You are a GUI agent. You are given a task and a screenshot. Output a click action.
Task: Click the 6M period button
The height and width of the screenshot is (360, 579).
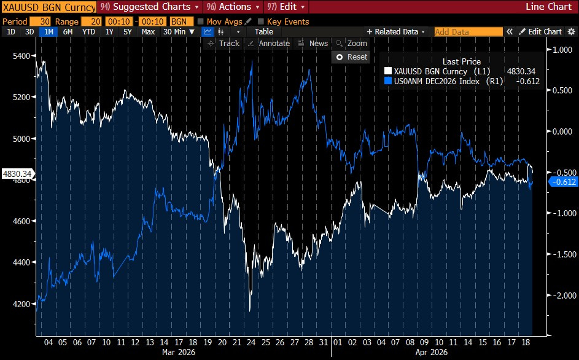68,31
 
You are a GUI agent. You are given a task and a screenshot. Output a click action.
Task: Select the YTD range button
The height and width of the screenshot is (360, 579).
88,31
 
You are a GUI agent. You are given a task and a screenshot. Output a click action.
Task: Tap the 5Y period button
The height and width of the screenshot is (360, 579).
127,31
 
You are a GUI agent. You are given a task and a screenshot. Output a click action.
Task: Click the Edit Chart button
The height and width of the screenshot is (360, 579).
540,31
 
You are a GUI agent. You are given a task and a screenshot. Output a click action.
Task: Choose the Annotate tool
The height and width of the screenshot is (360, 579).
269,43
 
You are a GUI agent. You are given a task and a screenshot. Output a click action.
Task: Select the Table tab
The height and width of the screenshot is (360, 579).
264,31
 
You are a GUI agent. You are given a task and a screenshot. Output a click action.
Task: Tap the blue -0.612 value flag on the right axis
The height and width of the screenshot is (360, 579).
562,182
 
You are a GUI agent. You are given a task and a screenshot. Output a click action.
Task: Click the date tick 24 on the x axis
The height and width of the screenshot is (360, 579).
251,342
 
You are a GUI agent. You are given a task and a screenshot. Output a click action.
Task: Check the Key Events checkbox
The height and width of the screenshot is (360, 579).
261,22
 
